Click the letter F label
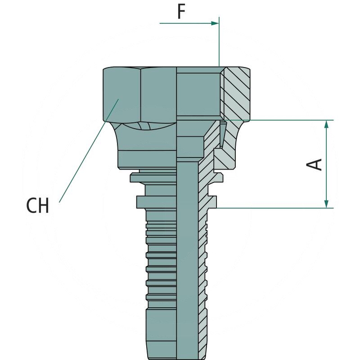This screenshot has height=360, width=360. point(181,12)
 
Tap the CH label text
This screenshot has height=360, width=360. point(38,206)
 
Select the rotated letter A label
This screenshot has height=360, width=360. point(314,164)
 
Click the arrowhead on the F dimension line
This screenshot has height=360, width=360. point(215,23)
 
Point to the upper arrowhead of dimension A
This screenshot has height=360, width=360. point(327,124)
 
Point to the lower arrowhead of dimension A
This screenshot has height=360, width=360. point(327,204)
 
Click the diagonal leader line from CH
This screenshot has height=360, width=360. point(89,151)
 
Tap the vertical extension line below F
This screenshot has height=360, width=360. point(219,42)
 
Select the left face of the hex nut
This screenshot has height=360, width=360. point(121,94)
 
